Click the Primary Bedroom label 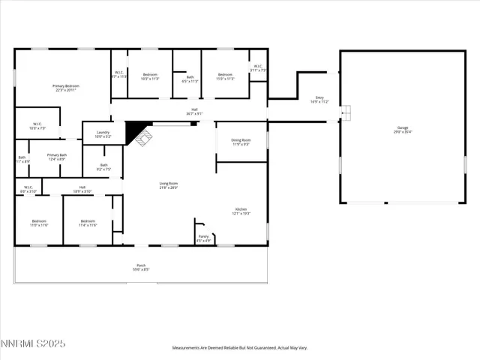coord(66,88)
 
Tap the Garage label coord(403,130)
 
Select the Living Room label coord(168,185)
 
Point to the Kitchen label coord(241,211)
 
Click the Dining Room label coord(241,142)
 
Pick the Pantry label coord(203,238)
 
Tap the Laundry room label coord(103,134)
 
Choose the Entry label coord(319,100)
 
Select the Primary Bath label coord(58,156)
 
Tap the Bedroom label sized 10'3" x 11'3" coord(150,76)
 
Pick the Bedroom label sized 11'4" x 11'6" coord(88,223)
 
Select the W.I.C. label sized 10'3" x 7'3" coord(37,126)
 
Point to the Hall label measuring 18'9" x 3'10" coord(82,189)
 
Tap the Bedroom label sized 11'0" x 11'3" coord(226,76)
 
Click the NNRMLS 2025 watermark coord(33,343)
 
